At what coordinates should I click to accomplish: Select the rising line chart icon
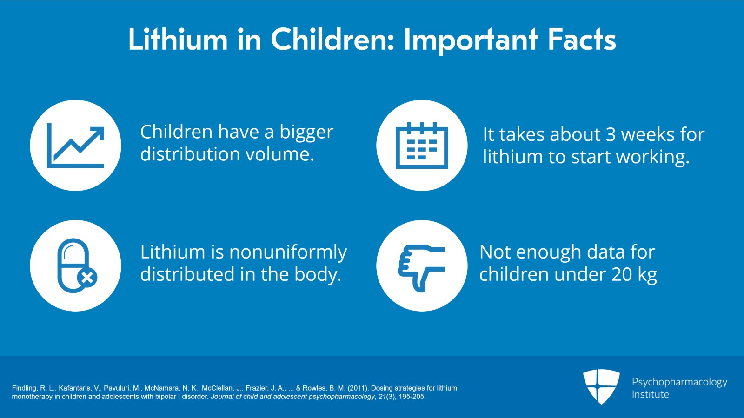[75, 146]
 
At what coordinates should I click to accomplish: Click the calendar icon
[422, 146]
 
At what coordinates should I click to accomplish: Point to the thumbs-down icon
[421, 268]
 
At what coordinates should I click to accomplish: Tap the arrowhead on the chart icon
[96, 134]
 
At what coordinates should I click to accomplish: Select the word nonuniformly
[288, 252]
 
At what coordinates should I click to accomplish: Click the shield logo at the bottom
[601, 386]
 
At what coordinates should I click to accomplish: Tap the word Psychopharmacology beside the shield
[679, 383]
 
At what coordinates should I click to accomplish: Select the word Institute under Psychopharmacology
[651, 394]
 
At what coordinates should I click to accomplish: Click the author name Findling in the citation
[24, 388]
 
